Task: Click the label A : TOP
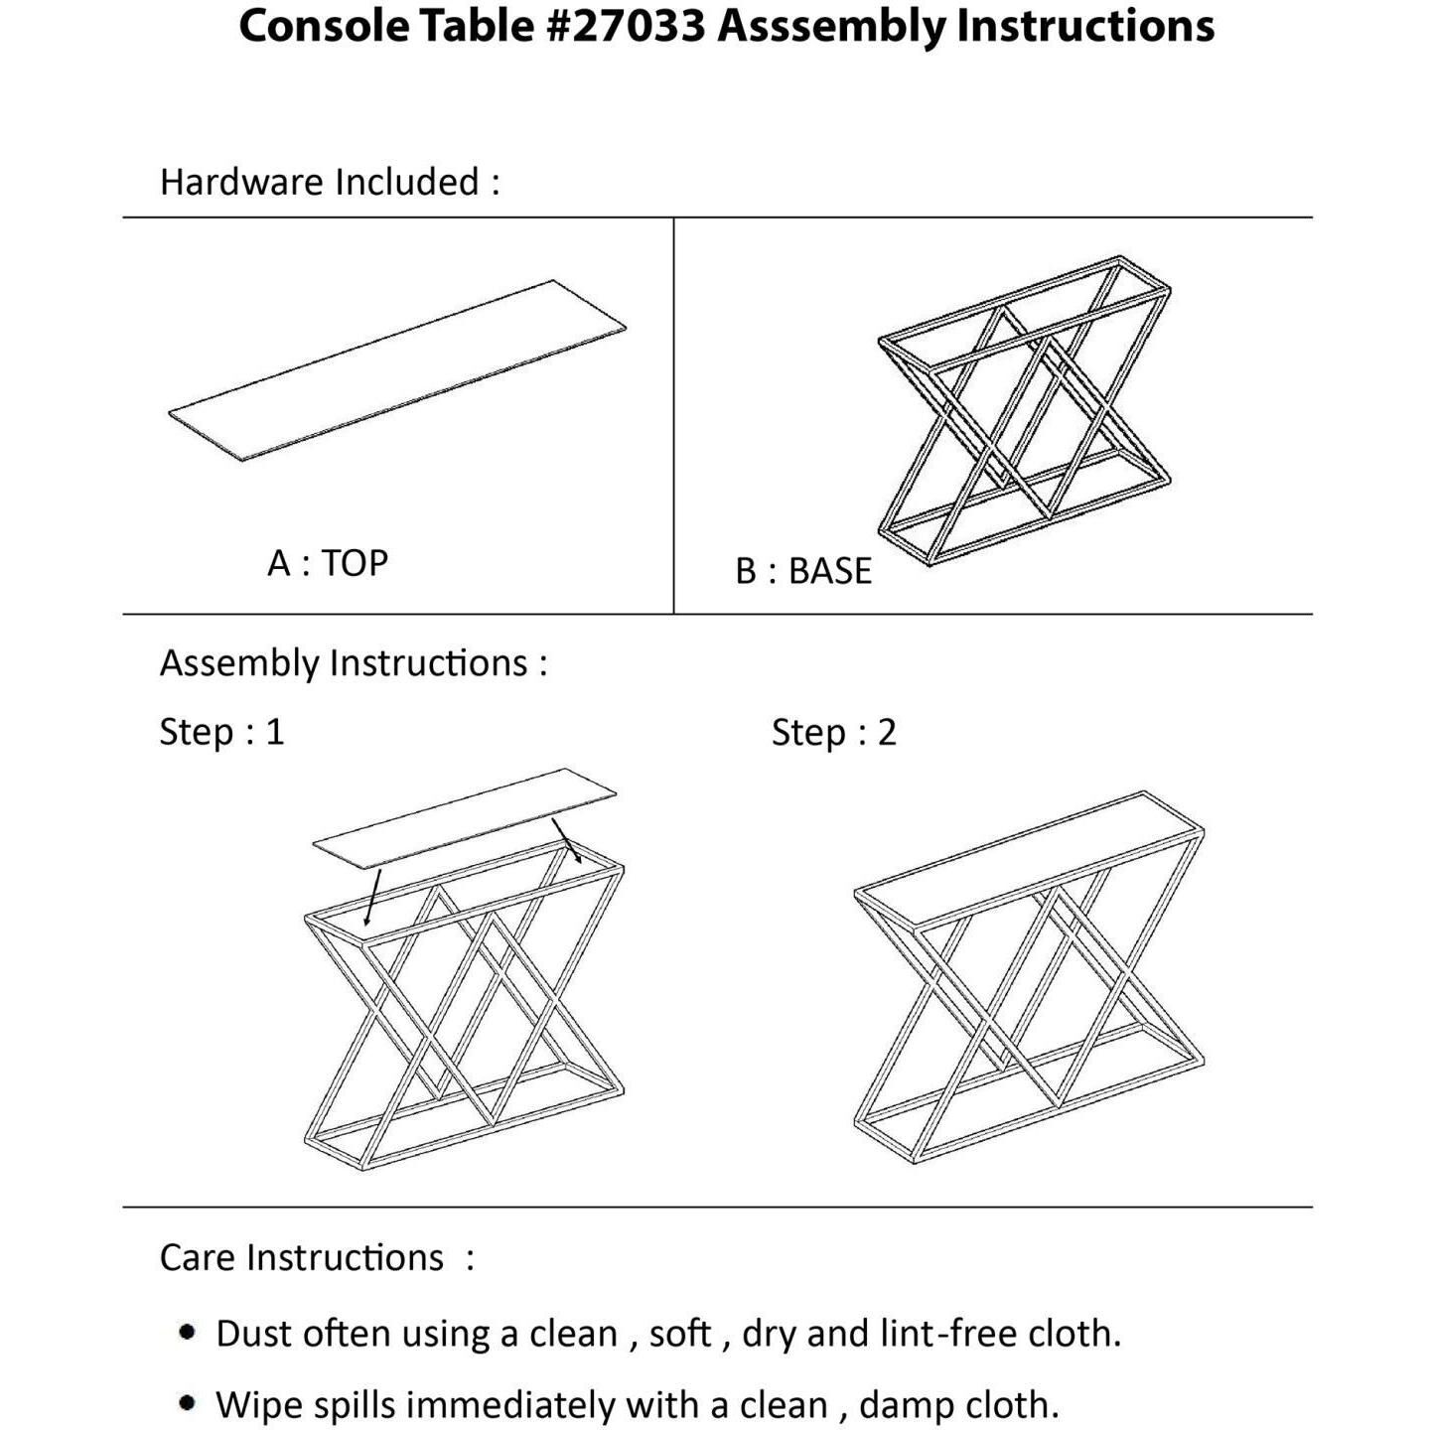click(328, 563)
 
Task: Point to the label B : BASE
click(803, 571)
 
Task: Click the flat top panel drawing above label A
click(397, 369)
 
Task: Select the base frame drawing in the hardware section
click(1024, 411)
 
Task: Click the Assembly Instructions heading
click(354, 662)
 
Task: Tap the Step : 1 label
click(222, 732)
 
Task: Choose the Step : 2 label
click(834, 733)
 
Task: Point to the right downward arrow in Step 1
click(567, 840)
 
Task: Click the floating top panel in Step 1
click(465, 810)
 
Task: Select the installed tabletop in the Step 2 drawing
click(1030, 859)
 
